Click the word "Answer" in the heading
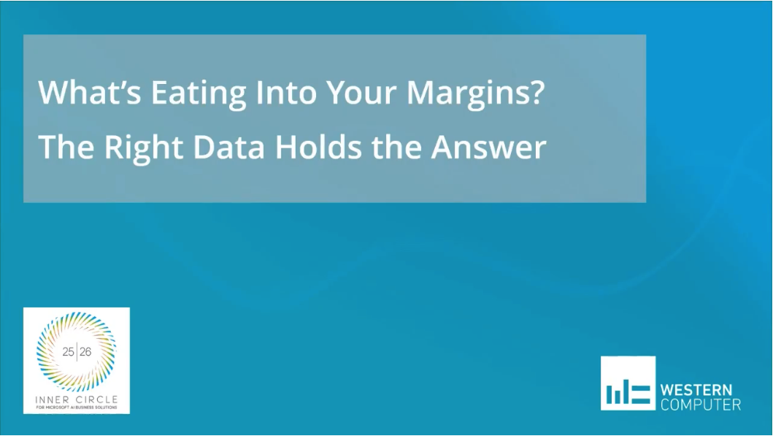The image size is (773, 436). tap(488, 147)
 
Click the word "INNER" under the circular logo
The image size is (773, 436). tap(55, 399)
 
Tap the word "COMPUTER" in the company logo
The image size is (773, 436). tap(700, 405)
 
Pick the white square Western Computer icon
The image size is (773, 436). tap(628, 383)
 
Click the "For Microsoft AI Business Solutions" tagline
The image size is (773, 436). tap(76, 407)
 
